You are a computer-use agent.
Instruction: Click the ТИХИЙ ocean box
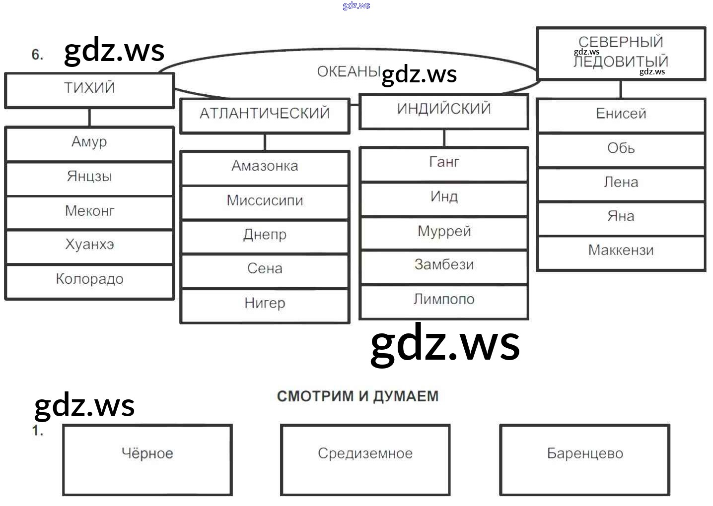[89, 89]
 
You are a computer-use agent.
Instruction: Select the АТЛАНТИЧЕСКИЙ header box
[265, 114]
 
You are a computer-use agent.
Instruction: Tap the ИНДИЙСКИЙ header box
[444, 110]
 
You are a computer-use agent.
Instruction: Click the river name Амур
[89, 142]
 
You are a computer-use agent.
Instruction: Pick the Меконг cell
[89, 211]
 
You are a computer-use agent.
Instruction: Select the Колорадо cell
[89, 280]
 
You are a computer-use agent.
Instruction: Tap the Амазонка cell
[265, 167]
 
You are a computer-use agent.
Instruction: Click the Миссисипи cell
[265, 201]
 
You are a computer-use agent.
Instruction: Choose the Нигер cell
[265, 304]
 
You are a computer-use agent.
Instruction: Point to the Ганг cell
[444, 163]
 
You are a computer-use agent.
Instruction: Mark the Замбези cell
[444, 265]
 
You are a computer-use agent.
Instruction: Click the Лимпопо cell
[444, 300]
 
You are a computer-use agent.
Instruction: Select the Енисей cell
[621, 114]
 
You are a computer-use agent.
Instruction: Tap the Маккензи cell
[621, 251]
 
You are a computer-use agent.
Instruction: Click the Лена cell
[621, 183]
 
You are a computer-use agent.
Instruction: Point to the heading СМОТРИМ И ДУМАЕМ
[357, 396]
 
